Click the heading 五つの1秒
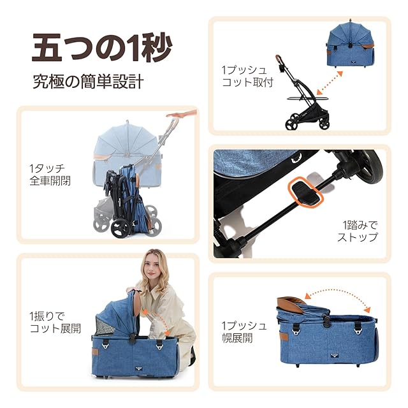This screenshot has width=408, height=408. (102, 48)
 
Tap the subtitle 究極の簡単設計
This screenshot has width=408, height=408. (88, 82)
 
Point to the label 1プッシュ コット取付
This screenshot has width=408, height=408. (247, 76)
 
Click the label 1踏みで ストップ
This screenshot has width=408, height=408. (357, 231)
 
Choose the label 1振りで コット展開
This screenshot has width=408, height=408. (55, 323)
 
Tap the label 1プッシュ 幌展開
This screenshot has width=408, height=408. (244, 332)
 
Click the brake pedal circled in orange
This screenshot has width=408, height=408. (305, 192)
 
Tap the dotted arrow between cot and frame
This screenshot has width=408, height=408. (329, 82)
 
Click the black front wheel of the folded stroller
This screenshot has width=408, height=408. (120, 228)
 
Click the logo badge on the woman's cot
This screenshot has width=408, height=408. (139, 368)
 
